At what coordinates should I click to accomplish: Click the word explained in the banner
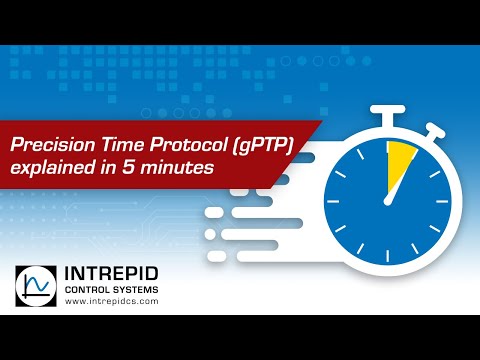click(48, 170)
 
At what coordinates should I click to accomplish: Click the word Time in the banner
click(111, 146)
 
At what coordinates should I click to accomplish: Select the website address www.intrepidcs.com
click(113, 305)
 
